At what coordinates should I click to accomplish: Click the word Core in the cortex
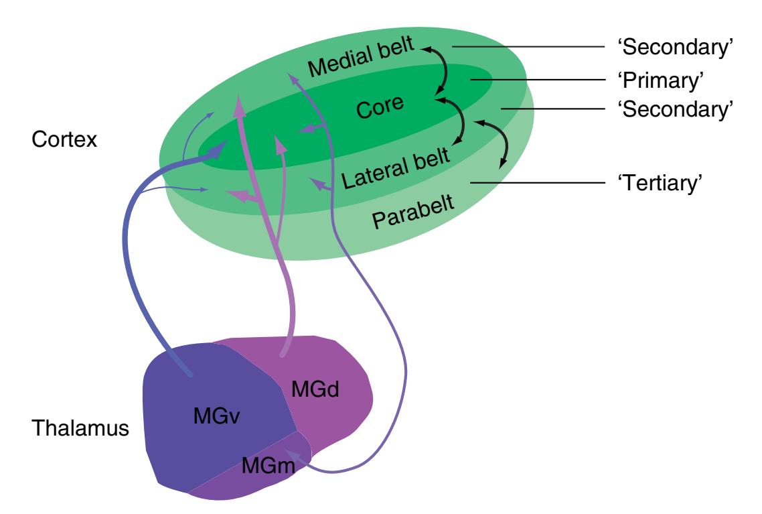(x=380, y=107)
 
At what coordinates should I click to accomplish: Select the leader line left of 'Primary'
(x=543, y=80)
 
